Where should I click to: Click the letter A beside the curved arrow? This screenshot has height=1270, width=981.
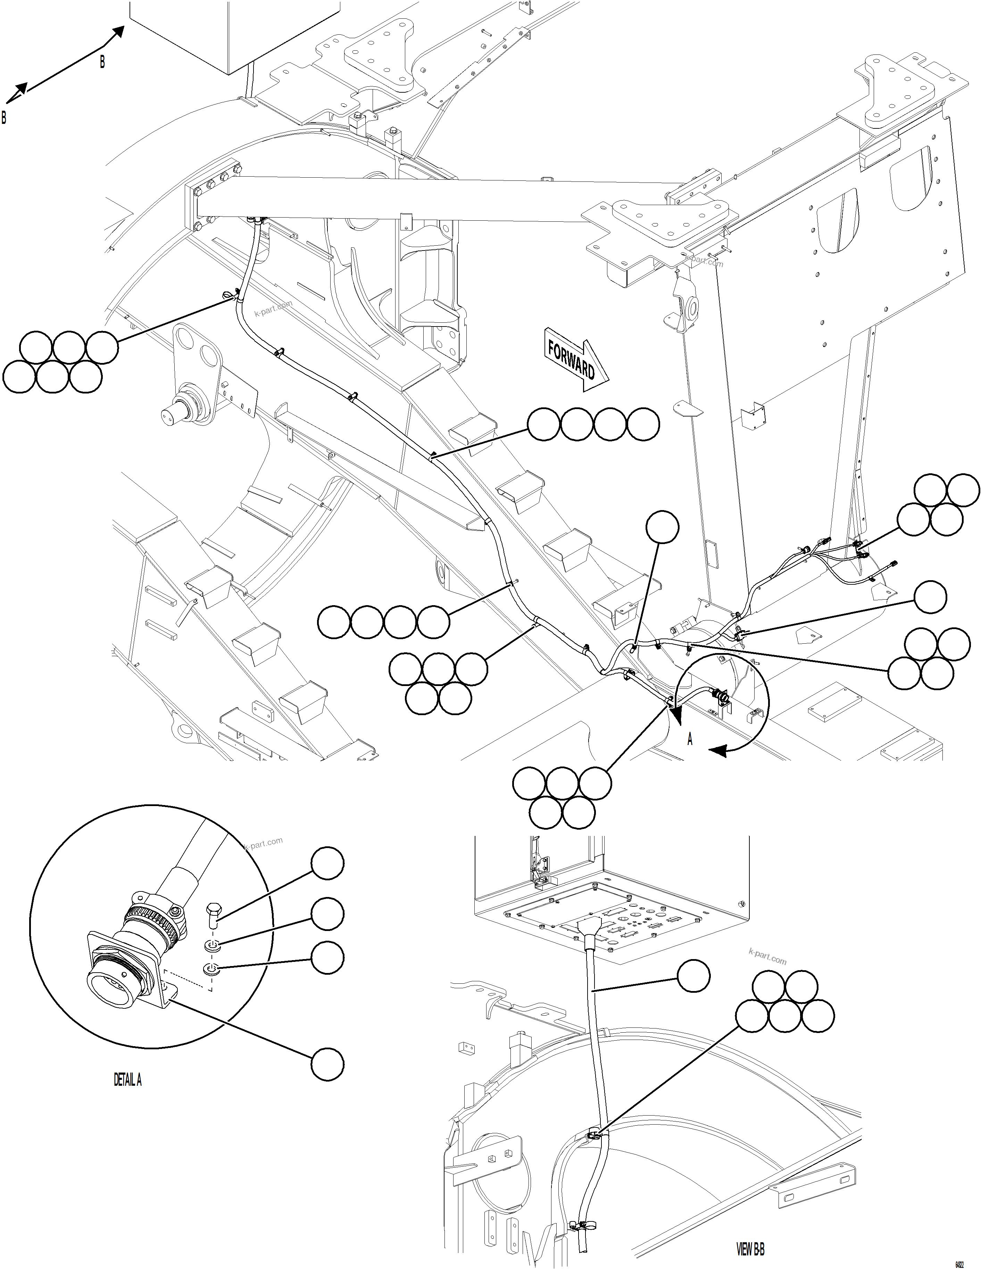(x=690, y=739)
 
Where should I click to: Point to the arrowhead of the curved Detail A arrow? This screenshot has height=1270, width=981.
(x=716, y=751)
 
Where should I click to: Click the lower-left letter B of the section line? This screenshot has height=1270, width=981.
(x=4, y=118)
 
